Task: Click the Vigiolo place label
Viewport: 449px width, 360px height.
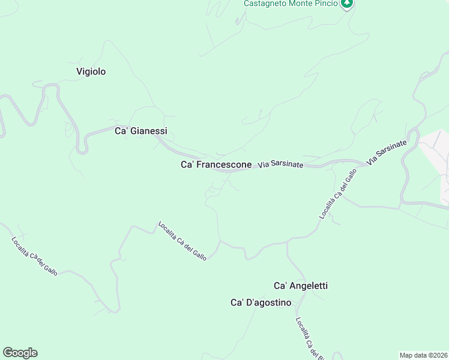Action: click(91, 71)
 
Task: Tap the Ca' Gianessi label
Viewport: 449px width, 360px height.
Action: click(140, 131)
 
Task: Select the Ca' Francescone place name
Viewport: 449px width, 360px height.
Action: click(216, 164)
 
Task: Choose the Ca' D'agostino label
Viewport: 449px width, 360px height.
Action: click(261, 302)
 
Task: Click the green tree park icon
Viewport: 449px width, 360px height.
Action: click(346, 4)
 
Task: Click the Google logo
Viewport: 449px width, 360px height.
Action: click(20, 353)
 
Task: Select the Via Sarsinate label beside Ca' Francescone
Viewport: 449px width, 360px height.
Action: click(281, 164)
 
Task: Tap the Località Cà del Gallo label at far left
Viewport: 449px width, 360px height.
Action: click(34, 256)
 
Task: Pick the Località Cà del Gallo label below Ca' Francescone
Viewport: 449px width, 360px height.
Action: click(182, 241)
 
